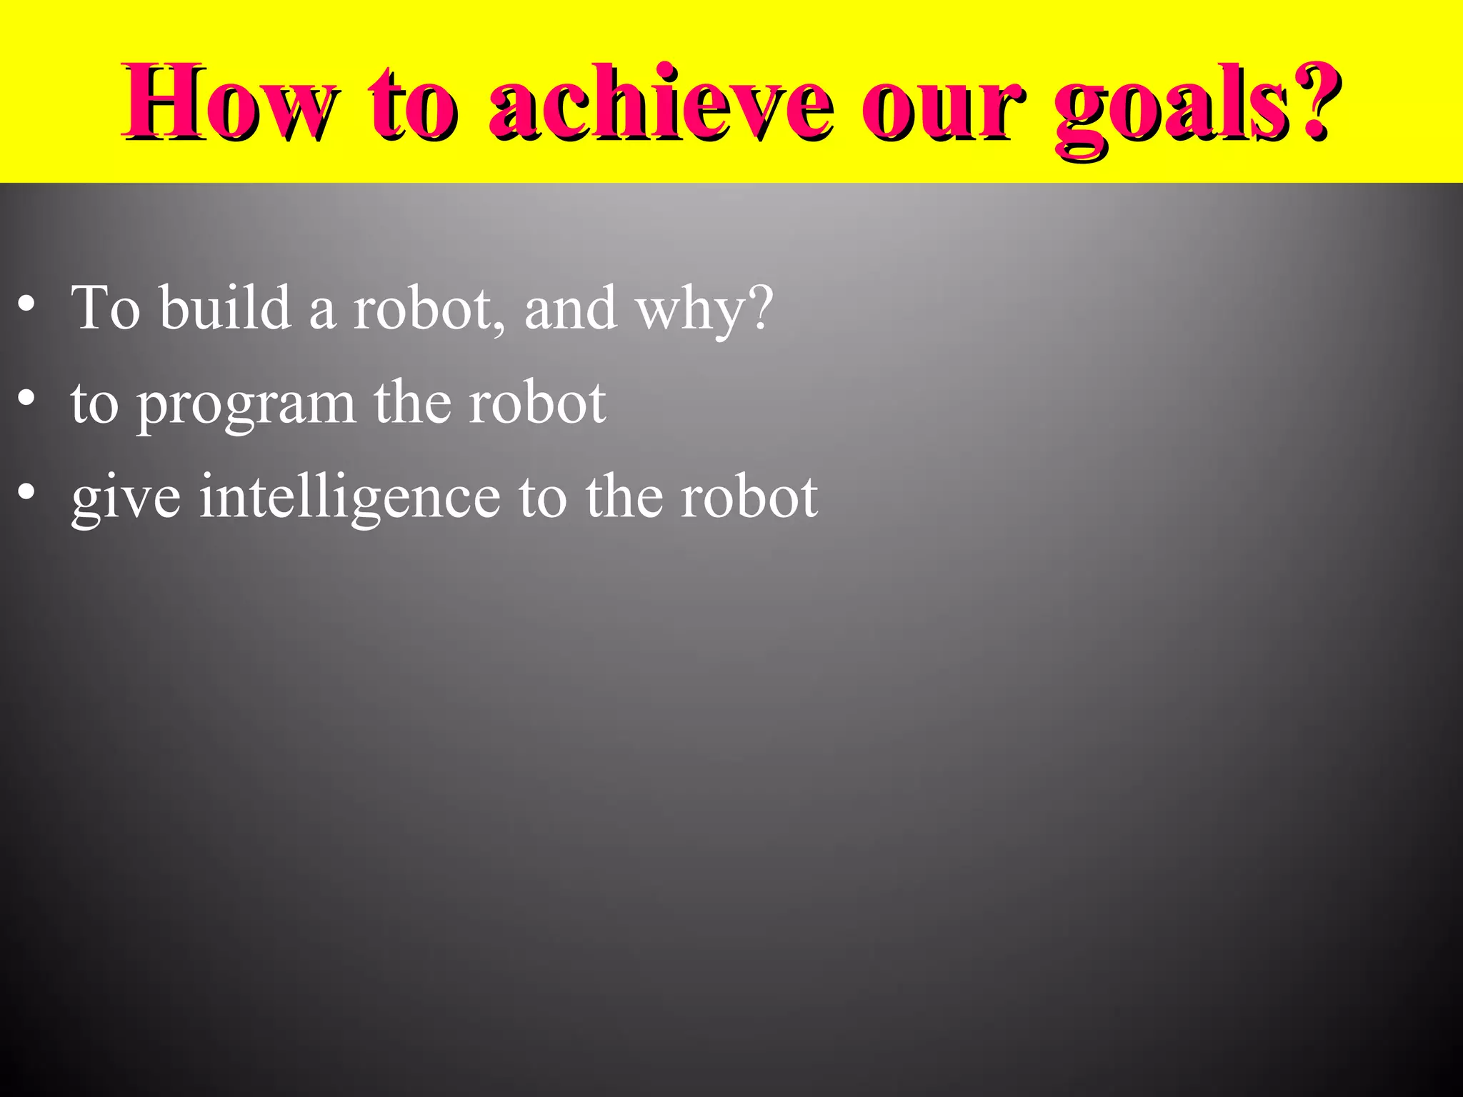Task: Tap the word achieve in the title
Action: pyautogui.click(x=661, y=104)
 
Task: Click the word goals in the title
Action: pyautogui.click(x=1172, y=107)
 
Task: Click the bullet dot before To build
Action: pyautogui.click(x=26, y=306)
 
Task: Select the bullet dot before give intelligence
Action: pyautogui.click(x=26, y=494)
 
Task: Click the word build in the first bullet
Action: pyautogui.click(x=225, y=307)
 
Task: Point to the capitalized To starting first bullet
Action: pyautogui.click(x=105, y=307)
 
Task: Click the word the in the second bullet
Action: pyautogui.click(x=412, y=402)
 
